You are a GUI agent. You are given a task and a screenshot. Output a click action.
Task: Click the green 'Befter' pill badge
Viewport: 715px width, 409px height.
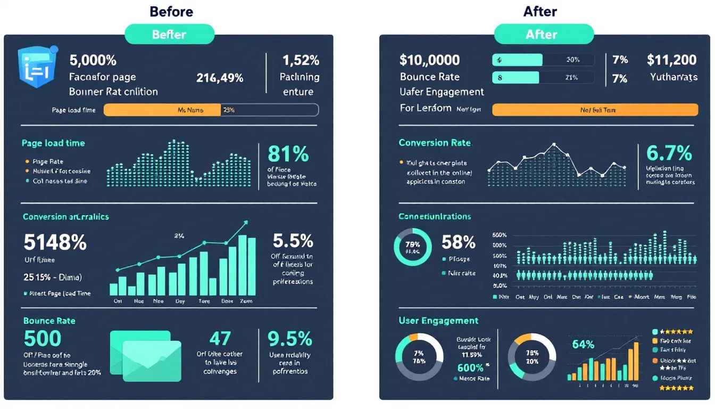point(169,35)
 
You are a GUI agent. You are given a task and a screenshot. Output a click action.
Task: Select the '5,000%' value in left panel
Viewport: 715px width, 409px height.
point(93,60)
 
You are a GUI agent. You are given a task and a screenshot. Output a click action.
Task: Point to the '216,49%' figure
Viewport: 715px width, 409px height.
point(220,78)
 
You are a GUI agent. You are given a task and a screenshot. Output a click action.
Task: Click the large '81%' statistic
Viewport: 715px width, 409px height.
point(288,154)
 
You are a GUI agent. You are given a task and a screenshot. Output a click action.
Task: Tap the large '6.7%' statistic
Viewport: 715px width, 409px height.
point(669,153)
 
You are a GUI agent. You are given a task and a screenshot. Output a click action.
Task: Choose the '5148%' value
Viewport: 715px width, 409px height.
point(55,242)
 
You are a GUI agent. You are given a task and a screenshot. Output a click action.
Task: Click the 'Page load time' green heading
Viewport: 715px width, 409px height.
point(53,143)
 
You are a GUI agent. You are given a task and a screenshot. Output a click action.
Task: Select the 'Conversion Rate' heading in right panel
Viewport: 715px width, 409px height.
point(435,143)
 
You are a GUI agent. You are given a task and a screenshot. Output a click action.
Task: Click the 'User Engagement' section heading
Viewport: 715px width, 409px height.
point(438,321)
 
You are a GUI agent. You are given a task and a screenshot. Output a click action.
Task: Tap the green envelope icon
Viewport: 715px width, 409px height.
point(146,355)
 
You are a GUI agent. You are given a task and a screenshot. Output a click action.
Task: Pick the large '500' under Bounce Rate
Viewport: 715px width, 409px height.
point(43,339)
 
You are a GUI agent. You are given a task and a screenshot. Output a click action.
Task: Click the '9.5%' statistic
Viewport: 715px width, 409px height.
point(289,339)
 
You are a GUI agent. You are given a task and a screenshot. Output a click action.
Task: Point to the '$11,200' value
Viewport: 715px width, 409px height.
point(671,60)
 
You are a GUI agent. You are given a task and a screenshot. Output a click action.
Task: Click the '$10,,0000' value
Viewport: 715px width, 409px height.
point(430,60)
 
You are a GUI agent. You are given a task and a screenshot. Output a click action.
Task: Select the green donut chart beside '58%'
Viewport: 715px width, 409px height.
point(412,248)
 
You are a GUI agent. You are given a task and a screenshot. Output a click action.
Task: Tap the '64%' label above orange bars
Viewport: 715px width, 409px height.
point(583,345)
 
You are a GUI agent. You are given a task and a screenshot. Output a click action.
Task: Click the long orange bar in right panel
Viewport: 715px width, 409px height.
point(595,110)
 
